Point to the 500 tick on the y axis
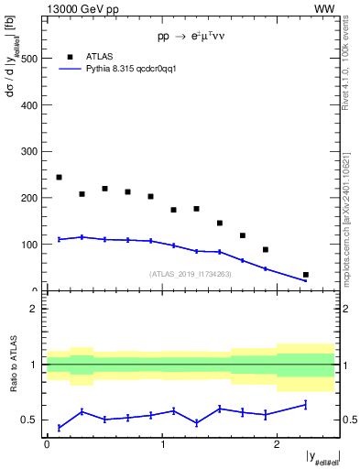point(29,58)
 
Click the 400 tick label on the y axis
point(29,104)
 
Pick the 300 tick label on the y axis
point(29,151)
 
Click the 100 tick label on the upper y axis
point(29,245)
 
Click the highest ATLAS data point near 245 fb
point(59,177)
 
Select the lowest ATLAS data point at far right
point(305,275)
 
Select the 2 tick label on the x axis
point(279,445)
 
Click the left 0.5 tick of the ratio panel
point(32,420)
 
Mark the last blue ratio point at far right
point(305,404)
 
